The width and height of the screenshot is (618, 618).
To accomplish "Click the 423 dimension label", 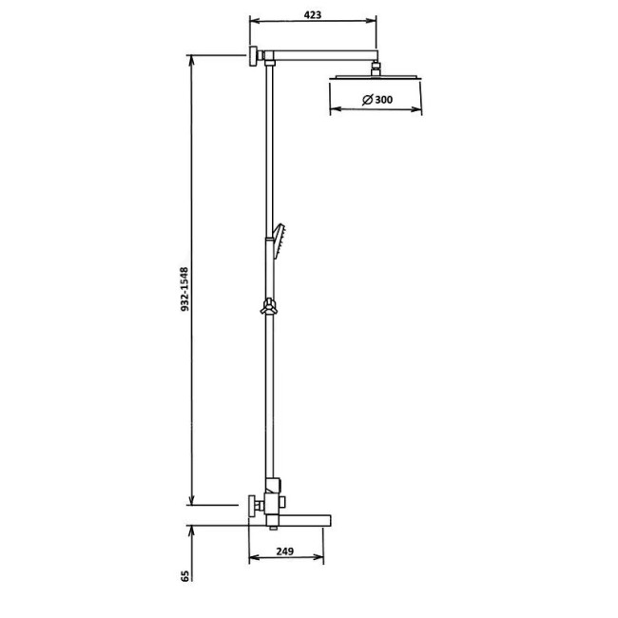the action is click(313, 14).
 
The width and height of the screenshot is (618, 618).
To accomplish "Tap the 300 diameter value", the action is click(383, 100).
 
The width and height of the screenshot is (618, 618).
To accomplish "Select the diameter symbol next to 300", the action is click(367, 100).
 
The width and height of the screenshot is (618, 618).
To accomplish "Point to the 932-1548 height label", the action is click(184, 289).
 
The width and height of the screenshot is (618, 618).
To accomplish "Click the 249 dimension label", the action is click(284, 550).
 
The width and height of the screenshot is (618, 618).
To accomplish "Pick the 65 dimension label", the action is click(184, 576).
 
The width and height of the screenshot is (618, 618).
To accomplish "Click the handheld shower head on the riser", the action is click(279, 241).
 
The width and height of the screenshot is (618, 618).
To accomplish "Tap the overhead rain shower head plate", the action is click(375, 77).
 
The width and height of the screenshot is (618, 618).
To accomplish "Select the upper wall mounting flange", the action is click(253, 55).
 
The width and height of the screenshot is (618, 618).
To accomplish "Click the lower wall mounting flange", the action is click(252, 505).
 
